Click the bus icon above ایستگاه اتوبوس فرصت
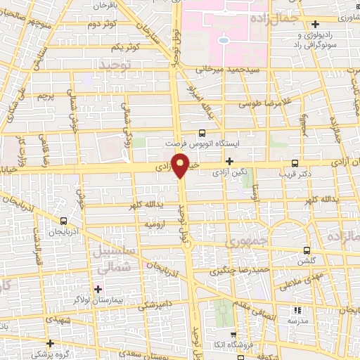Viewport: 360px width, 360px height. tap(202, 131)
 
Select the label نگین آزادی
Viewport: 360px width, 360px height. tap(229, 172)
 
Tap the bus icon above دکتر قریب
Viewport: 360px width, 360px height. tap(294, 160)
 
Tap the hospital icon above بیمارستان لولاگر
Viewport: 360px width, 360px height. tap(97, 288)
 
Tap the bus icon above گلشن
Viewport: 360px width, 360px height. tap(307, 250)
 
